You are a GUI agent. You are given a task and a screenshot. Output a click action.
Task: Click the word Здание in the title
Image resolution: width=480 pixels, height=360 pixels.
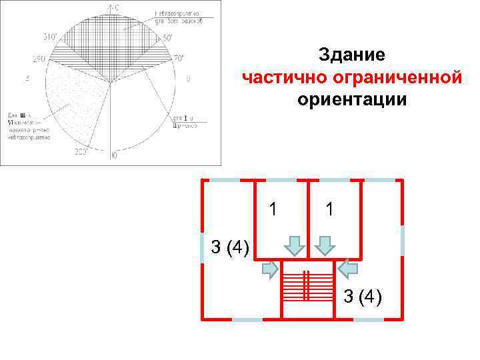(x=351, y=54)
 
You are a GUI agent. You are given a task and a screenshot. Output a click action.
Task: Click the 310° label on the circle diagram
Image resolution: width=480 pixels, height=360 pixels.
(x=50, y=36)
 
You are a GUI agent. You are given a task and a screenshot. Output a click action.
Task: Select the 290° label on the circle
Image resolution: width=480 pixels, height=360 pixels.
(x=38, y=59)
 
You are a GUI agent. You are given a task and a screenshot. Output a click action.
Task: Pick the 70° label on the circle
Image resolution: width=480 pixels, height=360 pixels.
(x=179, y=58)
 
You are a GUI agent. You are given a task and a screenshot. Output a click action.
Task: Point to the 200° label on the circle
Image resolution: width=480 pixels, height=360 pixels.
(x=81, y=152)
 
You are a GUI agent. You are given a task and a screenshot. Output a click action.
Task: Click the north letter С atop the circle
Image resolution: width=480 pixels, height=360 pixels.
(x=115, y=7)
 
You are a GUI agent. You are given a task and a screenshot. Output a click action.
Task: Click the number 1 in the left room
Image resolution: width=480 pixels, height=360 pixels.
(x=272, y=209)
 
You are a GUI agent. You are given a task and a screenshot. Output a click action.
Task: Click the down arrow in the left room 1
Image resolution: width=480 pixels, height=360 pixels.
(x=294, y=245)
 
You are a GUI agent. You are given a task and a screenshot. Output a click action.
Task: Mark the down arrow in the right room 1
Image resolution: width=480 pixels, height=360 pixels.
(x=325, y=245)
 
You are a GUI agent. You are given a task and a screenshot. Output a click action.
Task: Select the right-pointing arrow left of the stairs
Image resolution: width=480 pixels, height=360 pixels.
(x=270, y=268)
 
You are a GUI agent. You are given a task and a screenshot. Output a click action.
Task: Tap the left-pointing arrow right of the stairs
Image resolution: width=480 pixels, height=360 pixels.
(x=348, y=268)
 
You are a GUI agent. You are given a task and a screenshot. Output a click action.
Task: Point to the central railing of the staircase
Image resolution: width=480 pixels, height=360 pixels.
(x=307, y=287)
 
